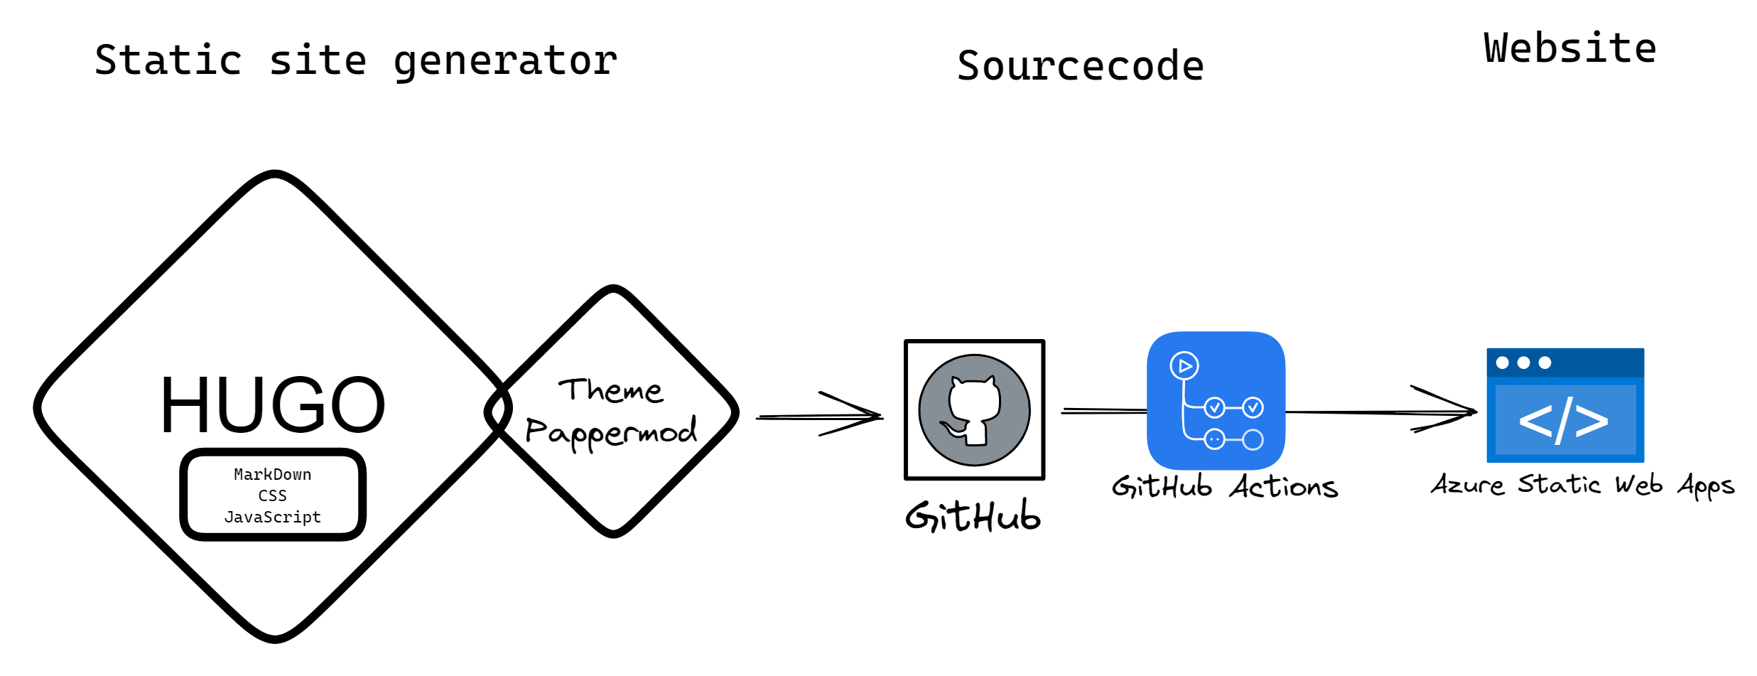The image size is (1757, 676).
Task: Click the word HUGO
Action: (273, 405)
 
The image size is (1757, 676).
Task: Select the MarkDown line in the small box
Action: (272, 474)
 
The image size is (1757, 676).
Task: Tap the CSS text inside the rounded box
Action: (272, 495)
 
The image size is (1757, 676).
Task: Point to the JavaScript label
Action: (272, 517)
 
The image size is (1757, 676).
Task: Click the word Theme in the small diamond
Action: (610, 390)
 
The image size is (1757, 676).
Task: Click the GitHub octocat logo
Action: (974, 410)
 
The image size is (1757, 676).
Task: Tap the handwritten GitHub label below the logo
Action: (973, 516)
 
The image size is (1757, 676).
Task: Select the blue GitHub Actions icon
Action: (1216, 400)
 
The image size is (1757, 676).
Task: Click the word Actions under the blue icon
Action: (1285, 488)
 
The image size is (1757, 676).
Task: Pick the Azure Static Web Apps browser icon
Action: (1565, 405)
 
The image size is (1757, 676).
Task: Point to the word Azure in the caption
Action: (1467, 485)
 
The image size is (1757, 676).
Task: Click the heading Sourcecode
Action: (1080, 66)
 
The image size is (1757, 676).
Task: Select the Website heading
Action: (1570, 48)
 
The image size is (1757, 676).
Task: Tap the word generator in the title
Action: (505, 61)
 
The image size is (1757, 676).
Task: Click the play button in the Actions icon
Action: (1184, 366)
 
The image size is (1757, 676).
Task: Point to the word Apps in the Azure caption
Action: (1706, 485)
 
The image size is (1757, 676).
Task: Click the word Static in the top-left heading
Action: (168, 60)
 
